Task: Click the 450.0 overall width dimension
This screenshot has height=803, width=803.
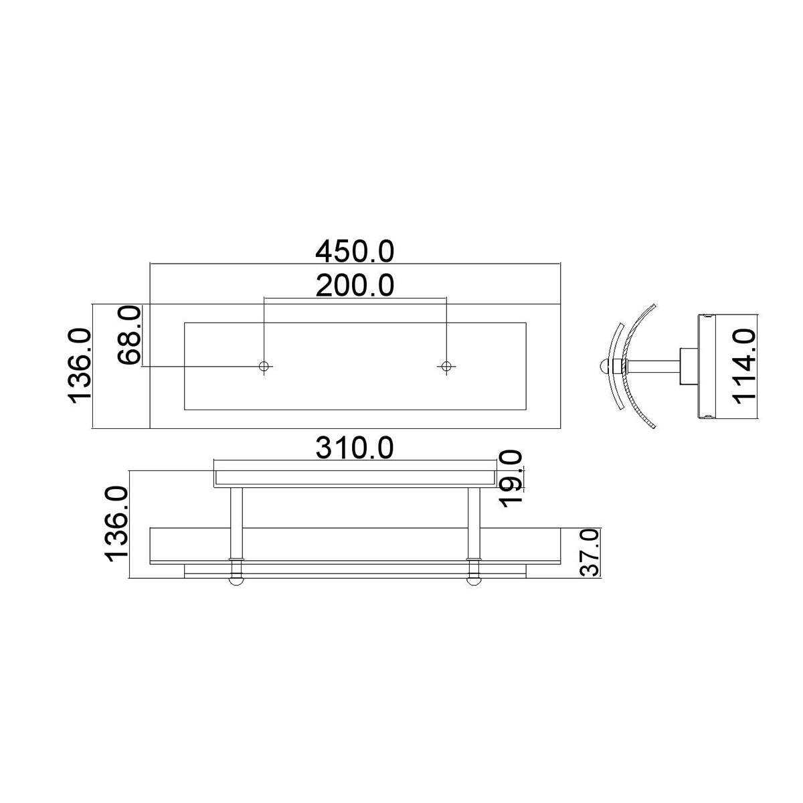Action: (355, 252)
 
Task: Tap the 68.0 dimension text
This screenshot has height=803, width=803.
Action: (128, 335)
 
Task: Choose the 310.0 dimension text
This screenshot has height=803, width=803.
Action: (355, 448)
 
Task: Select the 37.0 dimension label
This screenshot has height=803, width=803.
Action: (588, 552)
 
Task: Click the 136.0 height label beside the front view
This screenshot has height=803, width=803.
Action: (116, 524)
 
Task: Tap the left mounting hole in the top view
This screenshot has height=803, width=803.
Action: (265, 366)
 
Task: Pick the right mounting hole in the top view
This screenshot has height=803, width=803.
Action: (446, 366)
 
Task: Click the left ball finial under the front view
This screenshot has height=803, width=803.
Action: (236, 580)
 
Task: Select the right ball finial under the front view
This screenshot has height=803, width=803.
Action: (474, 580)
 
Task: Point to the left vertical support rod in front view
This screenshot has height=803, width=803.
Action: (236, 522)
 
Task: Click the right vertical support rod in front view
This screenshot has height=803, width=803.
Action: (474, 522)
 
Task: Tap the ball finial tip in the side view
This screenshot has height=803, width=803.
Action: (605, 366)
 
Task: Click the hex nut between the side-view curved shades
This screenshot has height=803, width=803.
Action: (622, 366)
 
